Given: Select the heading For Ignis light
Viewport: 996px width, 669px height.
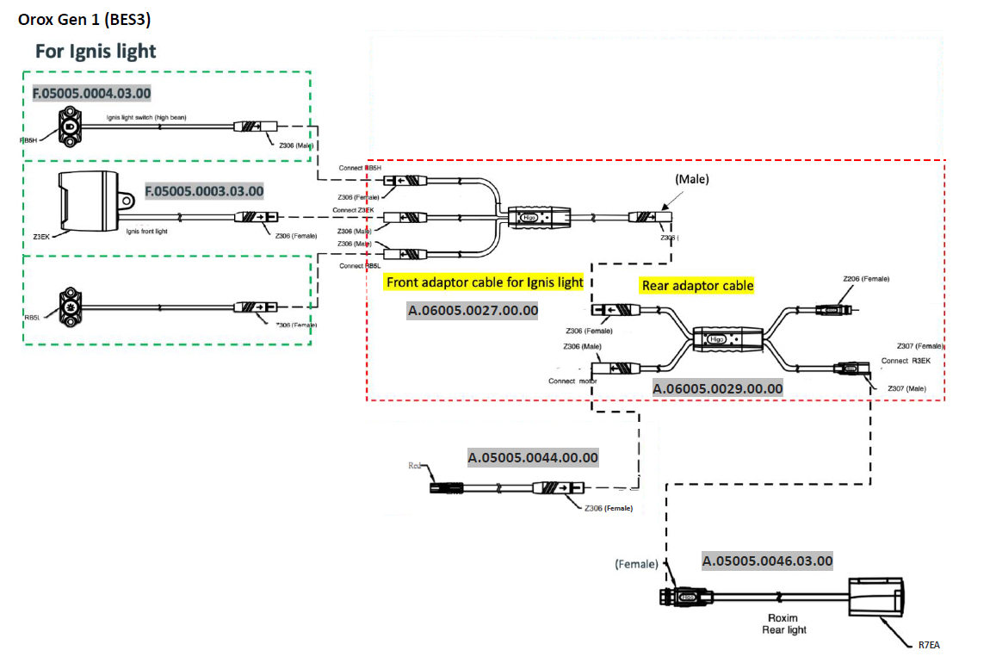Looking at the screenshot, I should coord(96,51).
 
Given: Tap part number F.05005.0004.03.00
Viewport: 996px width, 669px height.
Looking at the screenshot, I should coord(92,93).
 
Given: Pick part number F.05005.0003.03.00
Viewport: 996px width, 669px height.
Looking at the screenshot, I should coord(204,190).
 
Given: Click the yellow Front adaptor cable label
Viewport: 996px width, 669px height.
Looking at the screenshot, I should coord(485,282).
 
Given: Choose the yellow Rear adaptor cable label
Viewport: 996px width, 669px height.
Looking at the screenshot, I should coord(697,285).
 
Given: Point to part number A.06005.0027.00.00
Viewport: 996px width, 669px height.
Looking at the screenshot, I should coord(473,310).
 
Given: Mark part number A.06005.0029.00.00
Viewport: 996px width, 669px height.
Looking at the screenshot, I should coord(718,388).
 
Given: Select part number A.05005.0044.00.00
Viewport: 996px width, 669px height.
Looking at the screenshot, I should coord(533,458).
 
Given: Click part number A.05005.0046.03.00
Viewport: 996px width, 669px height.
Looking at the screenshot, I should coord(767,561).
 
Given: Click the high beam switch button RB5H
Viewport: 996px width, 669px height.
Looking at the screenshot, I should coord(68,127).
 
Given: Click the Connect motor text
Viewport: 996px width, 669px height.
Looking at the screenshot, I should coord(572,381).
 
